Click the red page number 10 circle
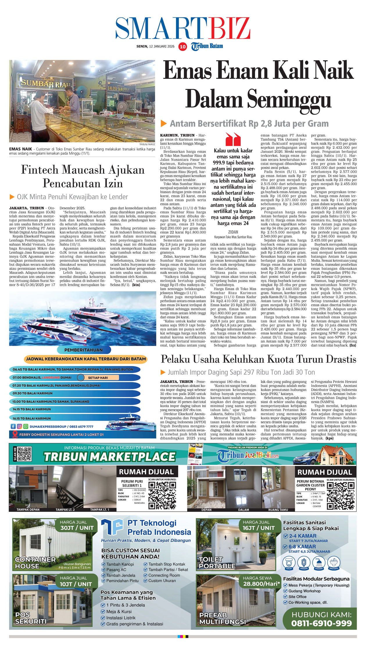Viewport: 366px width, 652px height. pos(182,46)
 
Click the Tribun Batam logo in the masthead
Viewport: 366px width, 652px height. pos(207,46)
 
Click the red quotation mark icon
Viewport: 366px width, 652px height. pos(233,139)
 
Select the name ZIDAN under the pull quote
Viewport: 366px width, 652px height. pos(233,232)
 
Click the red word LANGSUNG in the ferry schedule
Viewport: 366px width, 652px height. pos(51,377)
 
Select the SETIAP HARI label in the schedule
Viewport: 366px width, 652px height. pos(98,378)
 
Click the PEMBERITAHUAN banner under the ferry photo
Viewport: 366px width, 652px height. pos(83,350)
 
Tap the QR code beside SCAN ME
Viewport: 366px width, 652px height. pos(24,454)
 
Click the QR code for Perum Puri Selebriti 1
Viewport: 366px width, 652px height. pos(162,495)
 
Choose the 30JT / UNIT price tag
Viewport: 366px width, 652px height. pos(77,528)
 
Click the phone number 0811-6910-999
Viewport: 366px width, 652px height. pos(321,623)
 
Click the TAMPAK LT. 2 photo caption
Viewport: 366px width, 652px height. pos(65,510)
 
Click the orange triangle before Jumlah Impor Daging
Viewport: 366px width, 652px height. pos(163,372)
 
